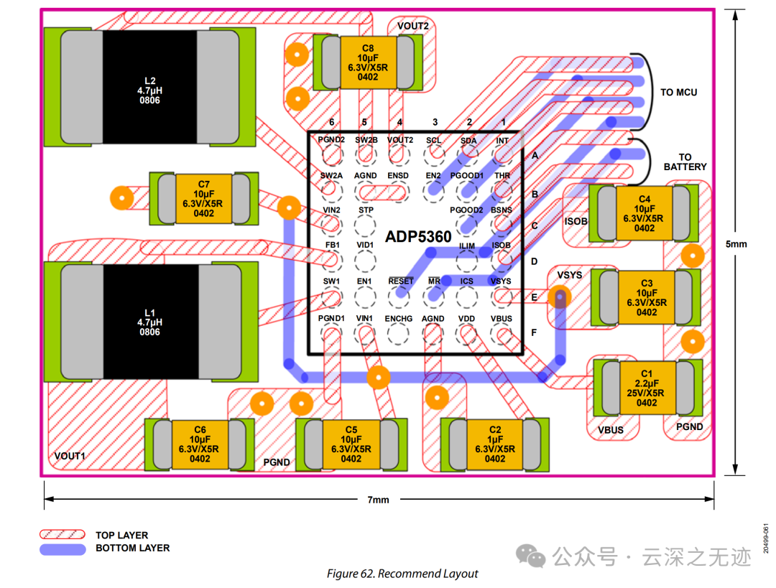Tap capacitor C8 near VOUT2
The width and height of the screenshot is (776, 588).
(x=367, y=62)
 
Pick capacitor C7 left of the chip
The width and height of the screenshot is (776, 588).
(x=203, y=199)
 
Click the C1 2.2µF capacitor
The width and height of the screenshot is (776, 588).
(x=647, y=388)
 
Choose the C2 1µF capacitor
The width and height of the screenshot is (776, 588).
(x=495, y=444)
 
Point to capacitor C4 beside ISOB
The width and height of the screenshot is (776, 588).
(x=645, y=213)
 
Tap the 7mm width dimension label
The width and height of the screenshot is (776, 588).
(x=378, y=500)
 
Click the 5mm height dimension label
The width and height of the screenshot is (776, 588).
(x=736, y=244)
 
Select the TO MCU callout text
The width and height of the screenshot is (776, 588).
(x=678, y=93)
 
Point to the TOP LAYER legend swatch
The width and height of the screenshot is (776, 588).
(x=63, y=536)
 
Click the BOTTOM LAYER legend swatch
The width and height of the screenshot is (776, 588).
(x=63, y=549)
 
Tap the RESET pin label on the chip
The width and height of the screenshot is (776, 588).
(x=400, y=281)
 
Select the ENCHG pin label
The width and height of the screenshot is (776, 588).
(x=398, y=319)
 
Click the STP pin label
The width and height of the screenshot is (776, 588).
(x=366, y=210)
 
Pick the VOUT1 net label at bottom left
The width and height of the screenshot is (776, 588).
(x=70, y=456)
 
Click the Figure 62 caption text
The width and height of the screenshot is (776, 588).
(x=402, y=574)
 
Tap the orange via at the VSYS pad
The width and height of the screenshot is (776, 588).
(x=559, y=296)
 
